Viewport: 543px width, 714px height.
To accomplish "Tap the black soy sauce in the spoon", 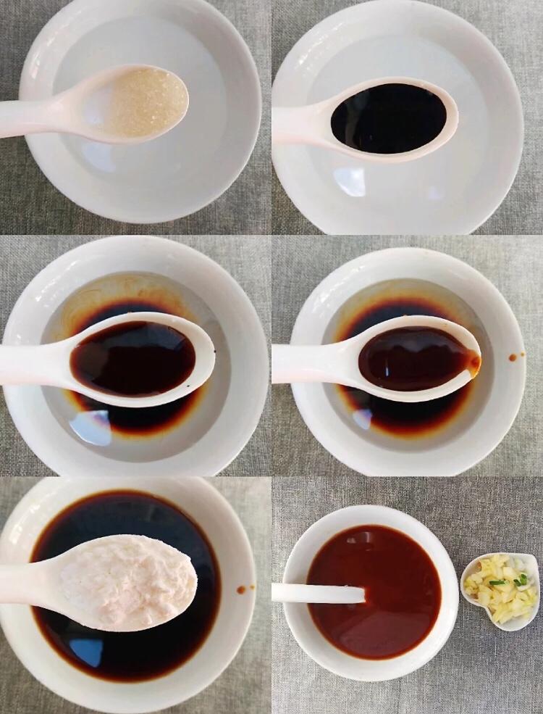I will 388,118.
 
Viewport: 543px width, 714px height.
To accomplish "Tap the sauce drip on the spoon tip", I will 474,360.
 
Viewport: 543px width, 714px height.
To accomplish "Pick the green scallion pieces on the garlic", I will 520,580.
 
